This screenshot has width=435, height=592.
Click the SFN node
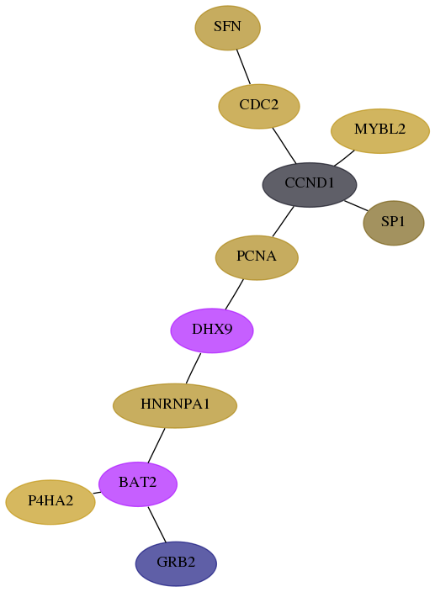[227, 28]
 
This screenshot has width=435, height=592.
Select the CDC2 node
[259, 106]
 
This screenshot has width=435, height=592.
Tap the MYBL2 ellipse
[379, 131]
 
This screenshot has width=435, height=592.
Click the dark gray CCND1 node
[310, 185]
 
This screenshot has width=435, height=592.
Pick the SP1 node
[394, 223]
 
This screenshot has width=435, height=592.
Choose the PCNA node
[257, 257]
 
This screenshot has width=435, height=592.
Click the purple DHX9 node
[212, 330]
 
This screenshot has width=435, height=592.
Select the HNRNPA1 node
[175, 405]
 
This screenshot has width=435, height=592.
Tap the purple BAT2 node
[138, 484]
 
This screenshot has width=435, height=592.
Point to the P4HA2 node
[50, 502]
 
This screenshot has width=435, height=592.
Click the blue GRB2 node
[176, 563]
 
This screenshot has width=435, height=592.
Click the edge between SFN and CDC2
[243, 66]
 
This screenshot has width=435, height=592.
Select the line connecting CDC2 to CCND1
[284, 145]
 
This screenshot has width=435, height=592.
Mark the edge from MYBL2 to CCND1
[344, 158]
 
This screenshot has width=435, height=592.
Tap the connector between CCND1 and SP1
[356, 205]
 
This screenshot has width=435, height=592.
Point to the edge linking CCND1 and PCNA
[283, 222]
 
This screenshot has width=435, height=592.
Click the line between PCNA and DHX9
[234, 294]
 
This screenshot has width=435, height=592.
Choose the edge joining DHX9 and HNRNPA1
[194, 368]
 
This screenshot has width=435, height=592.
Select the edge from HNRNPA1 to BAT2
[156, 445]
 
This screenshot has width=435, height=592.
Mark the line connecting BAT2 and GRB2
[157, 525]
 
